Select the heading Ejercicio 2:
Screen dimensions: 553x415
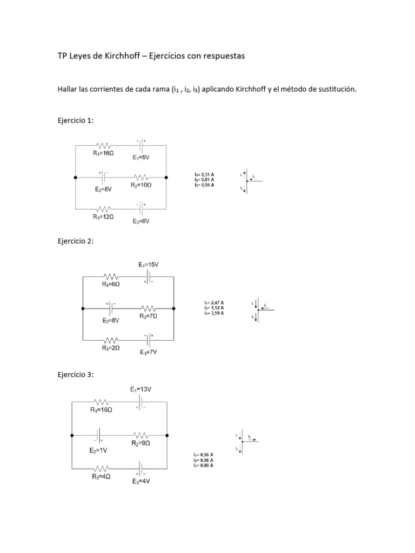tap(76, 241)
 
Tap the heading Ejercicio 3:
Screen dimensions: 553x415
tap(76, 374)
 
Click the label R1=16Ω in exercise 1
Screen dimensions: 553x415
tap(102, 153)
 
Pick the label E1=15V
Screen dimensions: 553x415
tap(149, 265)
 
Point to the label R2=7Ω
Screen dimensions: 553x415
tap(149, 316)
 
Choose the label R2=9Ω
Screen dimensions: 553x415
tap(141, 443)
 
